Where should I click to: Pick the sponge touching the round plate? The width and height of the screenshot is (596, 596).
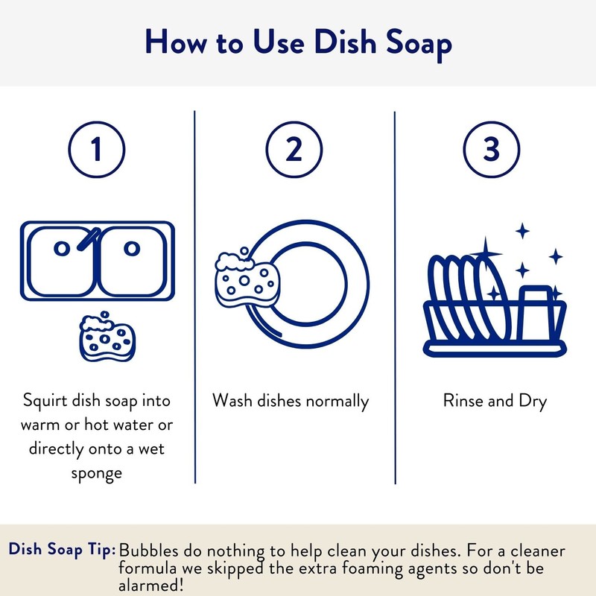[242, 279]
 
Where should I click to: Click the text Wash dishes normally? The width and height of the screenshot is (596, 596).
[291, 401]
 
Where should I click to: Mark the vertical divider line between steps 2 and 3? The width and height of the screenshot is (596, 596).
[395, 298]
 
